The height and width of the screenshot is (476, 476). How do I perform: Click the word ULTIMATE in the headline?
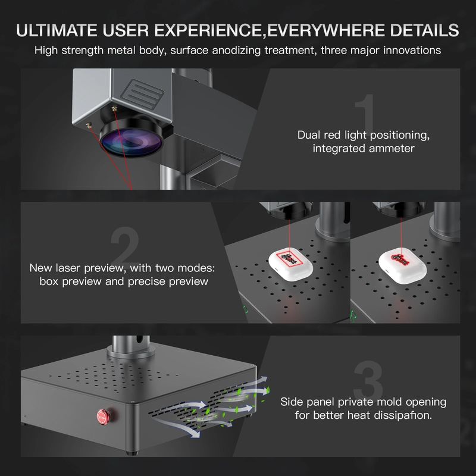coord(57,30)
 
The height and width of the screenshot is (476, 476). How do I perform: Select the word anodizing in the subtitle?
coord(236,50)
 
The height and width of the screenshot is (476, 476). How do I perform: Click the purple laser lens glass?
coord(131,142)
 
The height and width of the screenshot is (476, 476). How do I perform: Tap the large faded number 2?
coord(125,245)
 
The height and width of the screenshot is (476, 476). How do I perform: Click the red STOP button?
coord(102,416)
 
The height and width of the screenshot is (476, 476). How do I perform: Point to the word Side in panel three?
coord(292,402)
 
